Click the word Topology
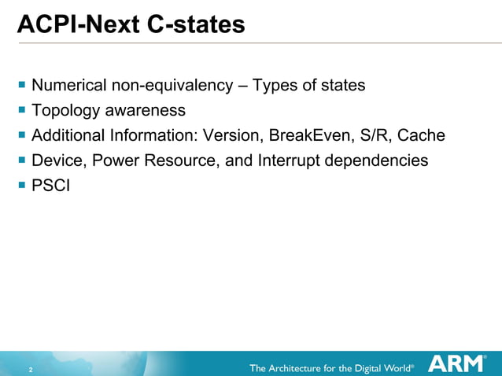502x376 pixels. [x=64, y=110]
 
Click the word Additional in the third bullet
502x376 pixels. [x=65, y=135]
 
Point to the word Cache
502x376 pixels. [x=421, y=135]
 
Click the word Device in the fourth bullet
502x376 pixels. [x=57, y=160]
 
